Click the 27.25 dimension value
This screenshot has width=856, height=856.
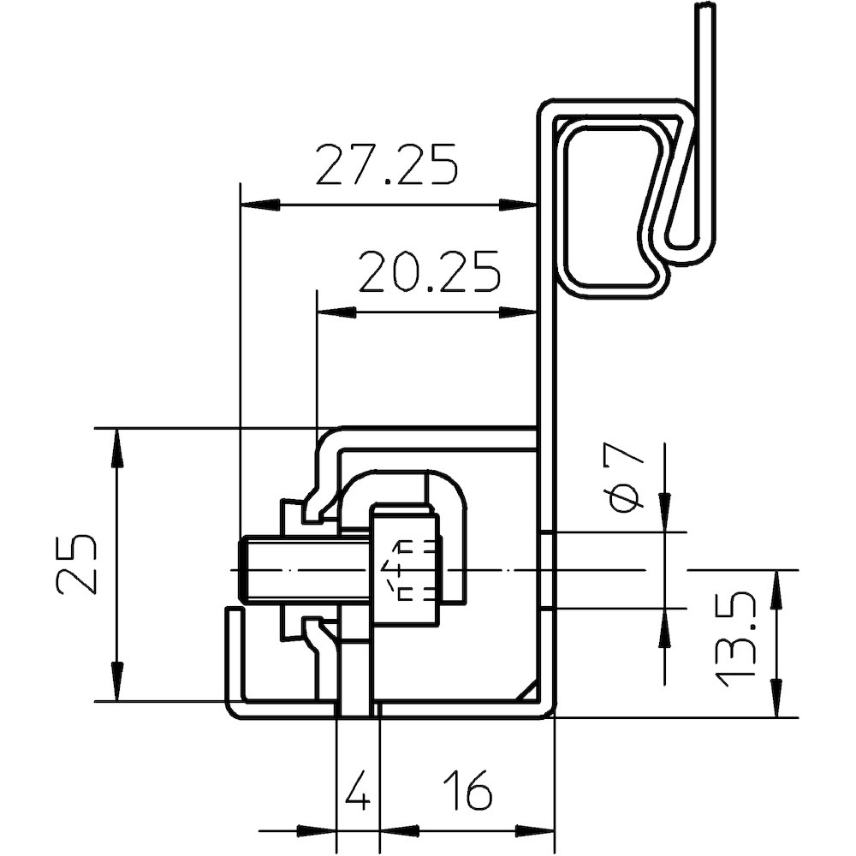[x=386, y=165]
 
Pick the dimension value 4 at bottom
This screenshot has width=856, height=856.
[x=358, y=791]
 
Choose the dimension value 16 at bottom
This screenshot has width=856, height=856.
[x=467, y=791]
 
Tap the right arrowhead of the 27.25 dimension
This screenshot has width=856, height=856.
[x=519, y=205]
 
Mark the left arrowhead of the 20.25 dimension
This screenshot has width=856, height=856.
[x=336, y=312]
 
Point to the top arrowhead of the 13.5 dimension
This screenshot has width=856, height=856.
[x=777, y=589]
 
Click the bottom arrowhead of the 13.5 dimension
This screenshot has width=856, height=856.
[x=777, y=697]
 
